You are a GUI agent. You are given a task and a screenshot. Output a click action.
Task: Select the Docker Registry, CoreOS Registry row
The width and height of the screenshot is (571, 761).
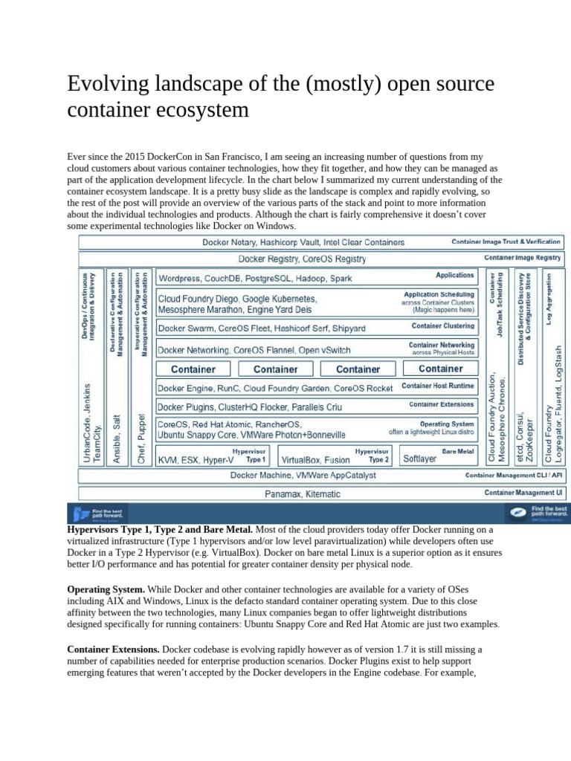tap(302, 259)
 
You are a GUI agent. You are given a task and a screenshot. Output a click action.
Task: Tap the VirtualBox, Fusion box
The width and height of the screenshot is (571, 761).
tap(315, 459)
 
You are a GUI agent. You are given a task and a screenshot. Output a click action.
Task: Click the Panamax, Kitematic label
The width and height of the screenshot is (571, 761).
tap(303, 493)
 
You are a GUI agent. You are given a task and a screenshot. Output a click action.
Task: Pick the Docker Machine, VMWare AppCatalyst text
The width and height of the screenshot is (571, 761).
tap(303, 475)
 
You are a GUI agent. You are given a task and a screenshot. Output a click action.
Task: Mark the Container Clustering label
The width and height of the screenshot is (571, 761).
tap(443, 326)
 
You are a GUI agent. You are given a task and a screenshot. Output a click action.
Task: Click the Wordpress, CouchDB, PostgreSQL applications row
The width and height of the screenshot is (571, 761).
tap(255, 278)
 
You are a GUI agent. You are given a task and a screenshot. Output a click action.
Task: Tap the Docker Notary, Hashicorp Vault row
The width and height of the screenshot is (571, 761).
tap(303, 242)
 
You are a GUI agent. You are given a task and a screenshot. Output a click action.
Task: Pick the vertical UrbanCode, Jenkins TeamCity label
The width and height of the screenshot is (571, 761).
tap(91, 424)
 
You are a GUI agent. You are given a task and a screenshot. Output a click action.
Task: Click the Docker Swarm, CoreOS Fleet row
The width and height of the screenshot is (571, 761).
tap(262, 328)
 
